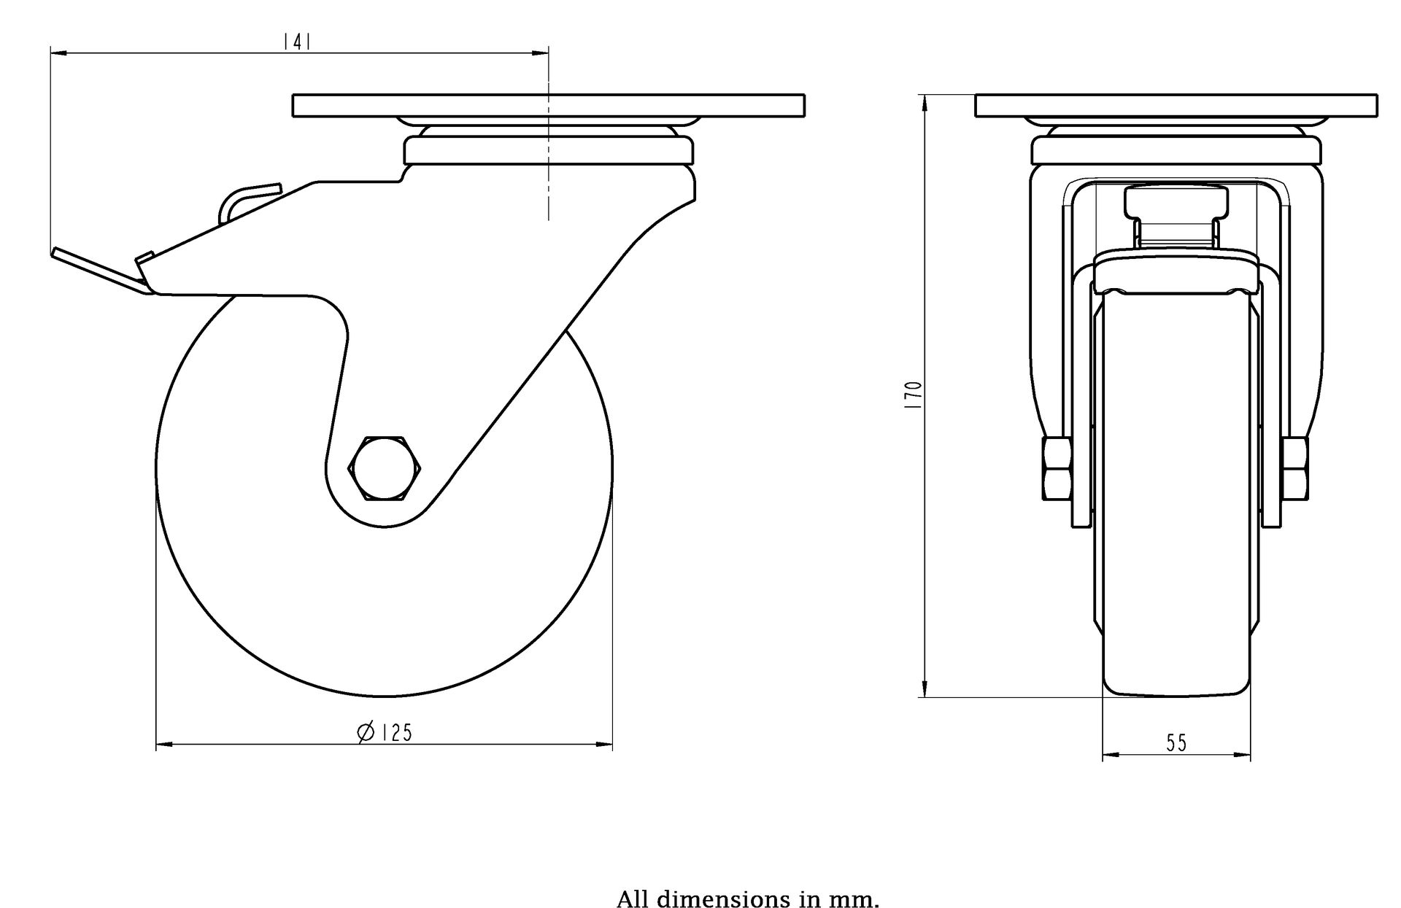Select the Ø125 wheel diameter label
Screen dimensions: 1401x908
[385, 732]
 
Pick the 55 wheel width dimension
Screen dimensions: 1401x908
[1176, 743]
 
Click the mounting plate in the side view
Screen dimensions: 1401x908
[549, 106]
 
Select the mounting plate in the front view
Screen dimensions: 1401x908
[1176, 106]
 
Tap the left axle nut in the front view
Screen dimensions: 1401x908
[1057, 468]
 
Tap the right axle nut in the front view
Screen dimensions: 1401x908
[1295, 468]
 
